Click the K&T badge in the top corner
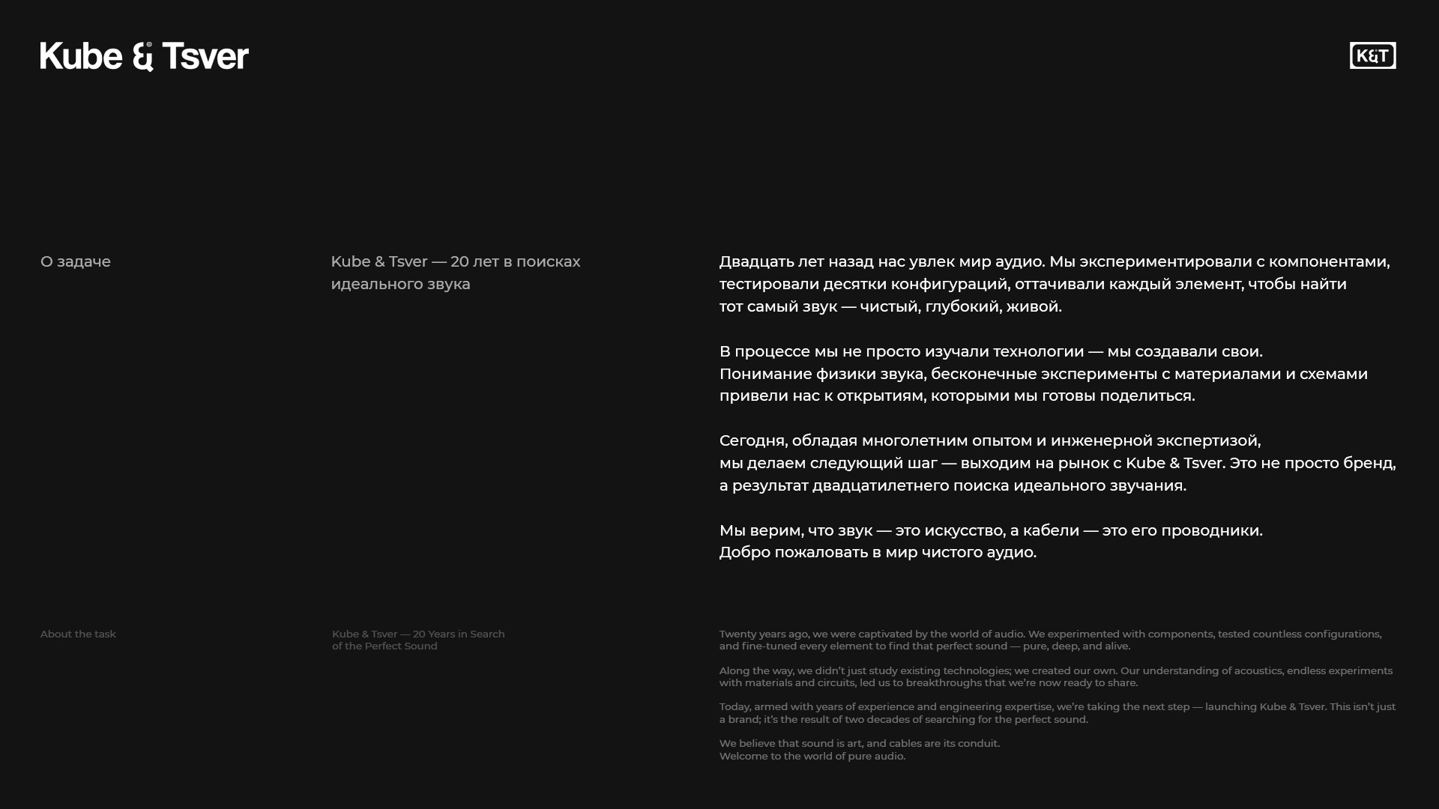pos(1372,55)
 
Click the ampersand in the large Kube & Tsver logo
pos(142,57)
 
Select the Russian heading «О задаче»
pos(76,261)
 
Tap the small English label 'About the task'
pos(78,634)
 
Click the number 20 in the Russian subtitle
pos(459,261)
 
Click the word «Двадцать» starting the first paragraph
pos(756,261)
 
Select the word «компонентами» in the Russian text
pos(1329,261)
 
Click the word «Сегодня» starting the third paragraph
pos(752,440)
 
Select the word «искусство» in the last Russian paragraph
pos(964,530)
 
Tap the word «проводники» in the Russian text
pos(1211,530)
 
